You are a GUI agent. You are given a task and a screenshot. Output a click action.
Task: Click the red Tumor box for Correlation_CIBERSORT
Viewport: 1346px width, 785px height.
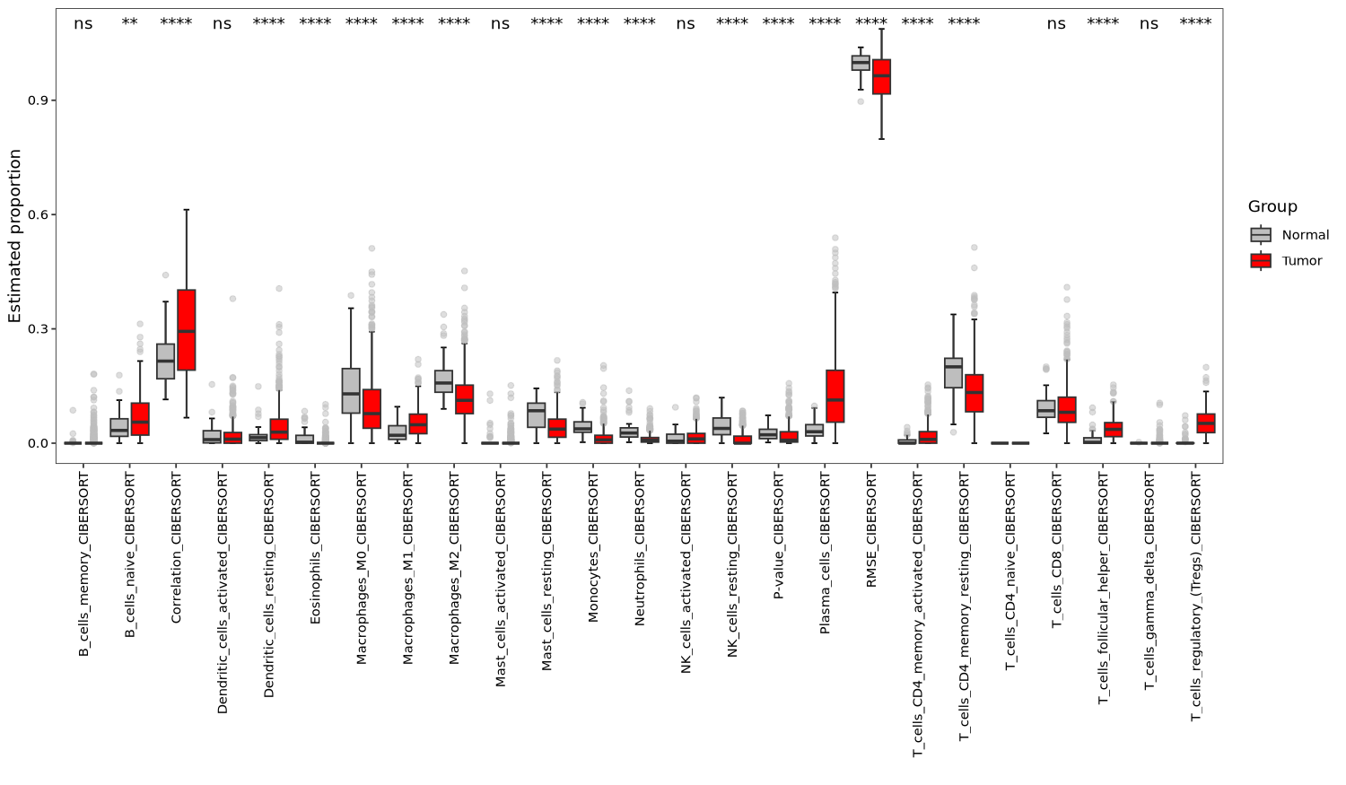click(x=187, y=329)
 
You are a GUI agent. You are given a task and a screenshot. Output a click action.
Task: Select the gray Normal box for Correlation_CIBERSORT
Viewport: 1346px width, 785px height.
click(x=166, y=361)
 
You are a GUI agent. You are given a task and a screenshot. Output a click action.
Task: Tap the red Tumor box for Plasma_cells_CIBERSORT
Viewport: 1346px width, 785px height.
click(x=835, y=396)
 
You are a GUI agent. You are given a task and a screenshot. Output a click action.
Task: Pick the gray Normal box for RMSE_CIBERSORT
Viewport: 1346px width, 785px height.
click(x=861, y=63)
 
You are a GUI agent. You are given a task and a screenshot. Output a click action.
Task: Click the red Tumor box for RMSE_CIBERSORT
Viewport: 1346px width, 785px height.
click(x=881, y=76)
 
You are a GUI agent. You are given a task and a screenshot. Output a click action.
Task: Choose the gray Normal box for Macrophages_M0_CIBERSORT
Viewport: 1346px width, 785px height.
click(x=351, y=390)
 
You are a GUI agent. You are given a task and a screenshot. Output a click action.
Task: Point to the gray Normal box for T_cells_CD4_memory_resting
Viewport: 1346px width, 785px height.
click(x=953, y=372)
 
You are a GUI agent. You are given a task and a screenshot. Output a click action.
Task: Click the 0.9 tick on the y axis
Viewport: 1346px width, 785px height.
click(x=36, y=100)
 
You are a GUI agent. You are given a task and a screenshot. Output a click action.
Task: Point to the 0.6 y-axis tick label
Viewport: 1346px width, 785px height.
click(x=36, y=214)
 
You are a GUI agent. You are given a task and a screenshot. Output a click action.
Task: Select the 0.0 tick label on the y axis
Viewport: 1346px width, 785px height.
click(x=36, y=443)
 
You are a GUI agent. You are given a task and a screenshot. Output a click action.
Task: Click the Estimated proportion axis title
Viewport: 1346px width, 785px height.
click(x=15, y=236)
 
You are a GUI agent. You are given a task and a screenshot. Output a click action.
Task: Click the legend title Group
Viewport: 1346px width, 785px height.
click(x=1272, y=207)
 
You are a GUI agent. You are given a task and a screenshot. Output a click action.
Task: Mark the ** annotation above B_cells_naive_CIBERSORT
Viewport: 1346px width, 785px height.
click(x=129, y=23)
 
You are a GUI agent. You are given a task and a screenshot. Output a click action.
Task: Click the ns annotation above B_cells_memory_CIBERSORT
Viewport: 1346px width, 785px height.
click(x=83, y=24)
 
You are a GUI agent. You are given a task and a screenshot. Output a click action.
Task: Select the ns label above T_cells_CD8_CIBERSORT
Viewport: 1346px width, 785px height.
click(x=1056, y=24)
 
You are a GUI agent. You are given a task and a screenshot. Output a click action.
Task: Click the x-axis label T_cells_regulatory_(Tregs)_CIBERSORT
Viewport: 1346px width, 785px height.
click(x=1195, y=597)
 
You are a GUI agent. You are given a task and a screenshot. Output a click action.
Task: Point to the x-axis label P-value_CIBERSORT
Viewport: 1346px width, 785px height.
click(x=779, y=536)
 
